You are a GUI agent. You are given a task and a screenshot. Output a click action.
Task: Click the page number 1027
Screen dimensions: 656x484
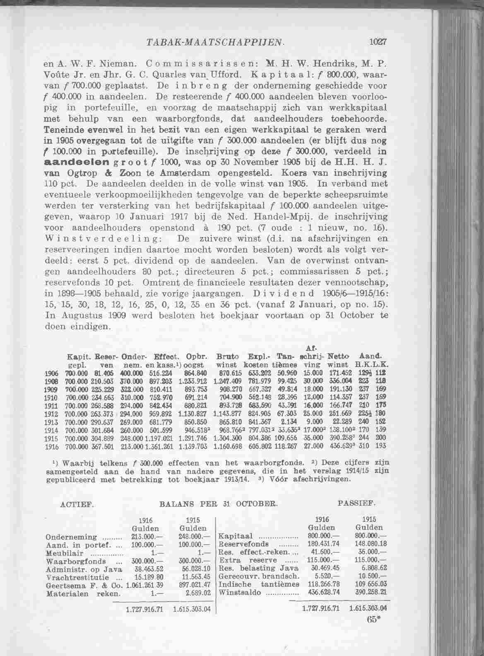point(378,42)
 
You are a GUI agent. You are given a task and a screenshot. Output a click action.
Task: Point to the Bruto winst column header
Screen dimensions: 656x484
point(227,360)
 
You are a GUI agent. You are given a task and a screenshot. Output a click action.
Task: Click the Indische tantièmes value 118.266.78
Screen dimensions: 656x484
point(324,585)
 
